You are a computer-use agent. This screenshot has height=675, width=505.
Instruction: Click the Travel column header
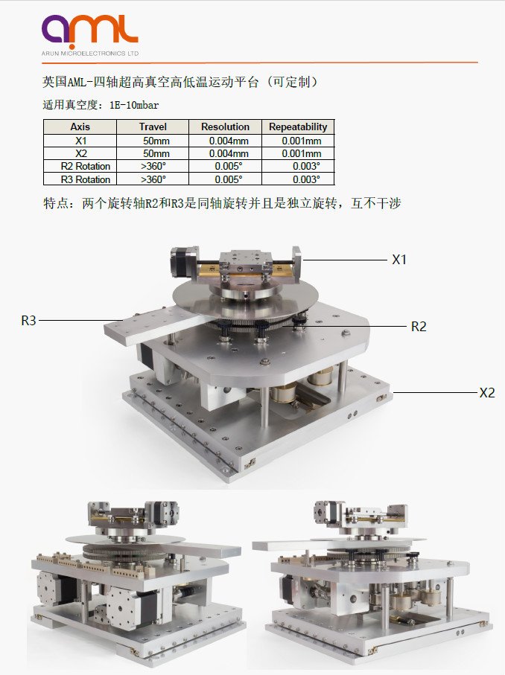153,127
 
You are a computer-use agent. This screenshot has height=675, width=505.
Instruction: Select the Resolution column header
225,127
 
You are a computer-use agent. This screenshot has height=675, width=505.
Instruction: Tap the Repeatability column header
298,127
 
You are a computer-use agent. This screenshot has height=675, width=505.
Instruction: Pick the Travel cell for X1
156,141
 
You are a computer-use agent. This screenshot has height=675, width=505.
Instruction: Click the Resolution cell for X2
229,154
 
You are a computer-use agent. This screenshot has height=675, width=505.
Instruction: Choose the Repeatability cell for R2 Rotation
306,166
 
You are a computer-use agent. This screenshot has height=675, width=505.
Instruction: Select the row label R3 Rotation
86,179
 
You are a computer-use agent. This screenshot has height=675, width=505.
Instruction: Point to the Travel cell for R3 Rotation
153,179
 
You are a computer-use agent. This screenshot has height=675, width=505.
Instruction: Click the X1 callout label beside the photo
399,260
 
